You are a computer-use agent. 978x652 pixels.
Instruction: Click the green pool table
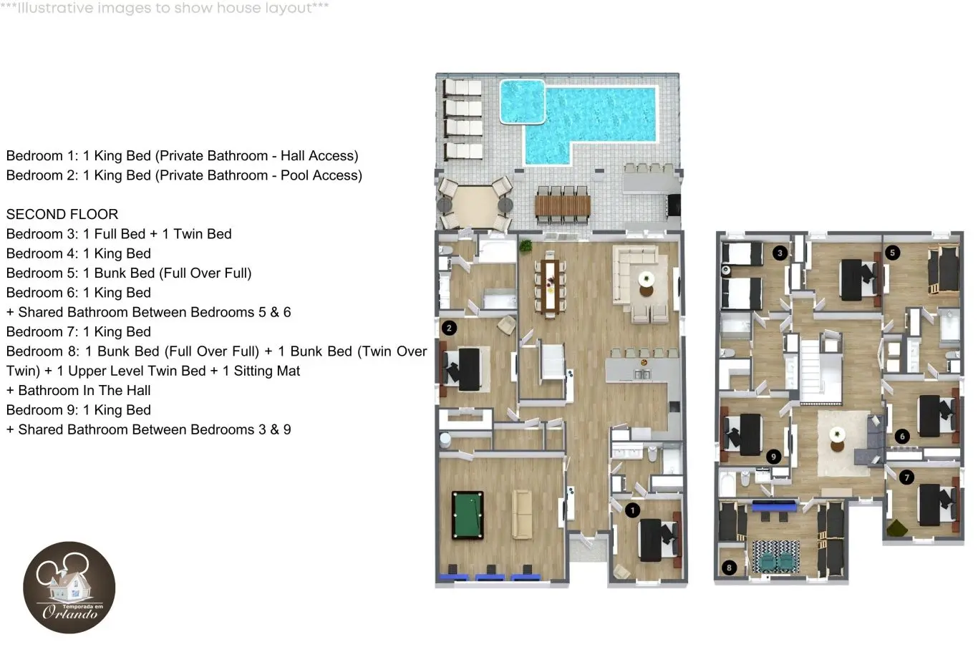468,515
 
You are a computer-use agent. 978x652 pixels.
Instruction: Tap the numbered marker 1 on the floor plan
632,510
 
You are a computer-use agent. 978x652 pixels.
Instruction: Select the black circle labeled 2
449,329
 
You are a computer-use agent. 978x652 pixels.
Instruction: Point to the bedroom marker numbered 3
780,253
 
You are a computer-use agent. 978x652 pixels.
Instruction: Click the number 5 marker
892,253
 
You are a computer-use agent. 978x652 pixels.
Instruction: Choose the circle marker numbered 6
903,437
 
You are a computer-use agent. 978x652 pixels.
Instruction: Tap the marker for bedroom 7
907,477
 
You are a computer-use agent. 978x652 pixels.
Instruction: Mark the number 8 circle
729,568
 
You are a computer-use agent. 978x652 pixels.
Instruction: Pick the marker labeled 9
774,457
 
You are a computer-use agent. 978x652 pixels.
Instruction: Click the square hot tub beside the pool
522,102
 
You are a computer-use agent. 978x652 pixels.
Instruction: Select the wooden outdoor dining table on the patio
563,205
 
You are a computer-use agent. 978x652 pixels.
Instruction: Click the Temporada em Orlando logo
69,588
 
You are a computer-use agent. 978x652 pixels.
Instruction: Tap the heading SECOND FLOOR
62,214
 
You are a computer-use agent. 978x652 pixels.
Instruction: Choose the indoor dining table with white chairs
550,287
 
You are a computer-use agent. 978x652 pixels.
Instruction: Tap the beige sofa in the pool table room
522,515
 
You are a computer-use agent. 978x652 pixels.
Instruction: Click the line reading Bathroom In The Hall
78,391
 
